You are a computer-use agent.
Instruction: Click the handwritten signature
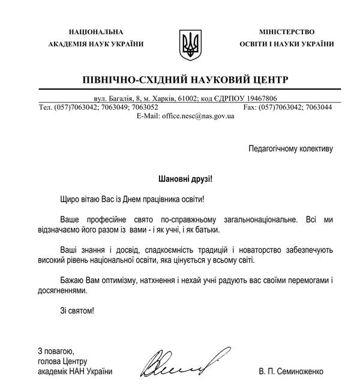point(179,362)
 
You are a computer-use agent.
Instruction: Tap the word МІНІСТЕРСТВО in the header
point(287,31)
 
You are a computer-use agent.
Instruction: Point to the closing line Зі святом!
point(77,311)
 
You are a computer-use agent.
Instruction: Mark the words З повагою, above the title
point(55,351)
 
